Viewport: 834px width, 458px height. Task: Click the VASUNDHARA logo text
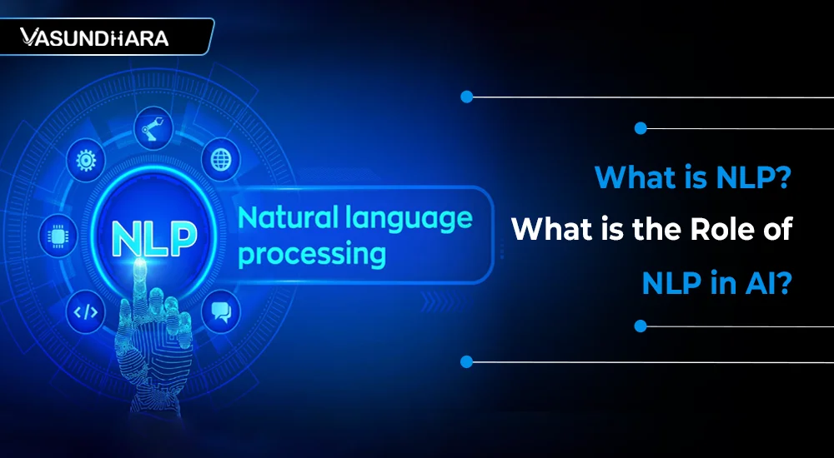point(94,37)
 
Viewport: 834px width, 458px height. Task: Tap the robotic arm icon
point(153,127)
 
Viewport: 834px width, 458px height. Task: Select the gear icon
point(86,160)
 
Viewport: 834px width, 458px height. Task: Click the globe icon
point(221,159)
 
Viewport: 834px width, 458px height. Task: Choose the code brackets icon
point(85,312)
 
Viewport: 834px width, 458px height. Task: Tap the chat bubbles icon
point(221,312)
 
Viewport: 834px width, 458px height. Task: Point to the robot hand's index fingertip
point(140,264)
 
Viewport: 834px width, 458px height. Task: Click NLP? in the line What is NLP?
point(748,177)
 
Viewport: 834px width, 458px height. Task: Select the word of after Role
point(776,230)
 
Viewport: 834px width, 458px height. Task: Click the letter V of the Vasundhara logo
point(28,37)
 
